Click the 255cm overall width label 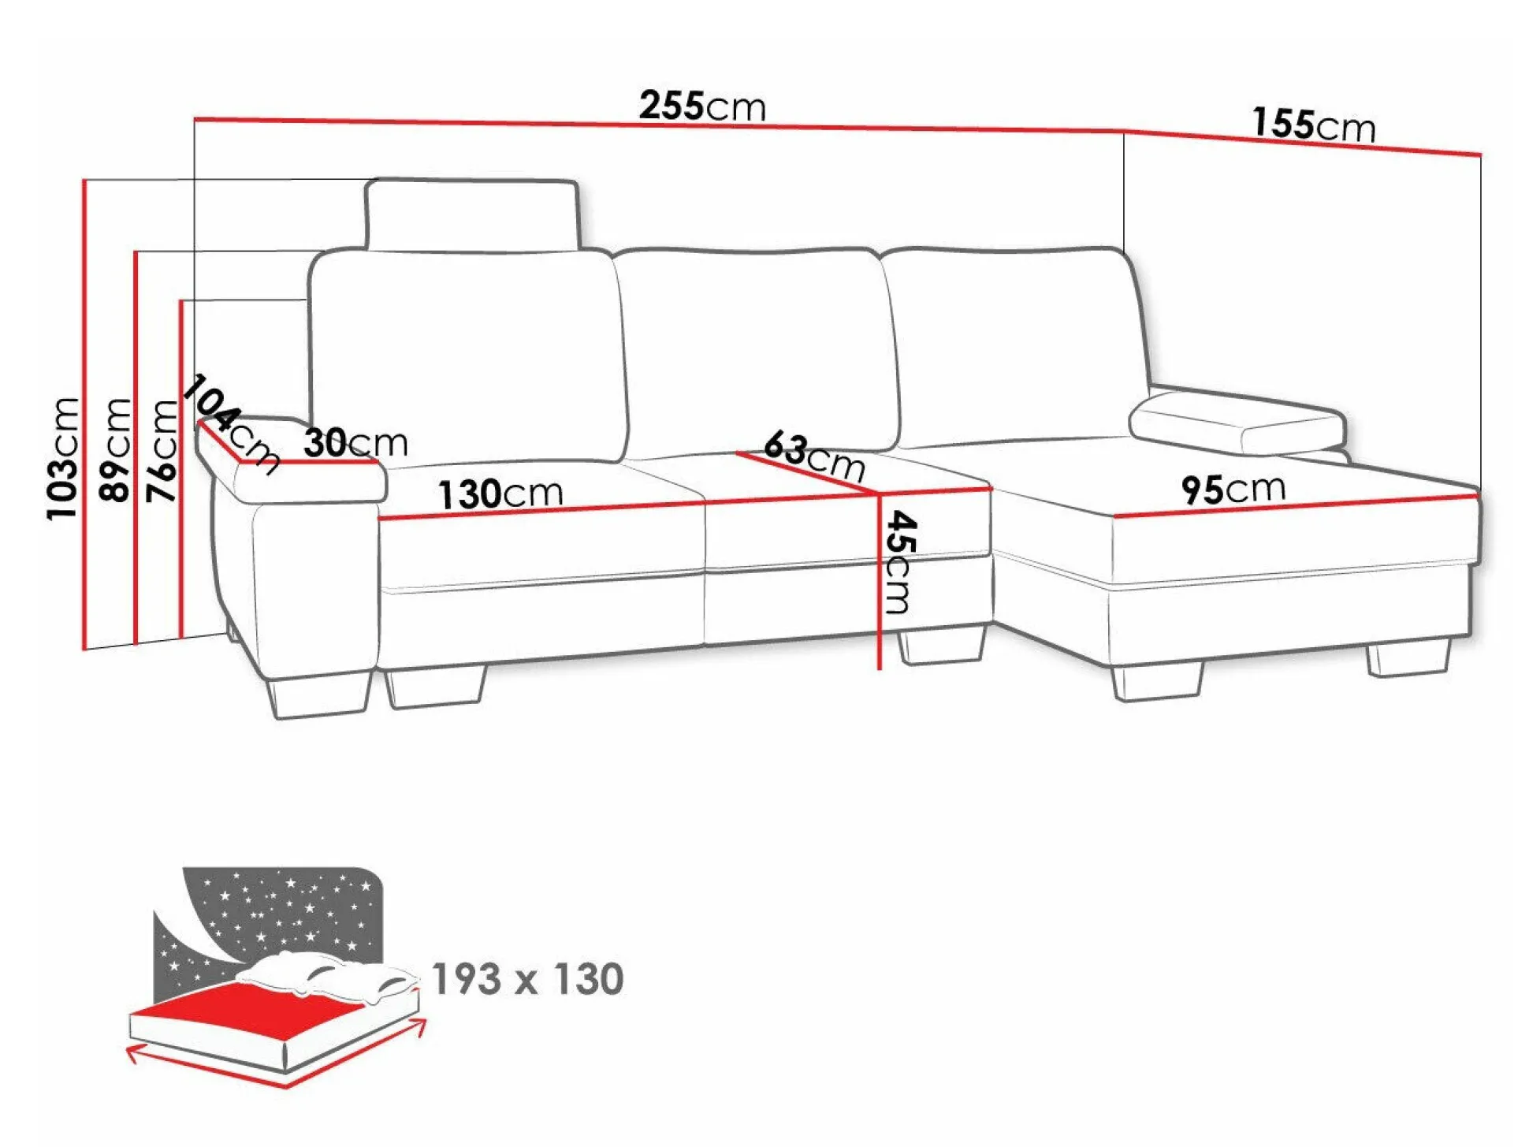coord(702,105)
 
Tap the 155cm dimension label coord(1314,125)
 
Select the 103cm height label coord(63,458)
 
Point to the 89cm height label coord(115,449)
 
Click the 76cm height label coord(162,451)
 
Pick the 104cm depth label coord(231,424)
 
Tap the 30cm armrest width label coord(356,442)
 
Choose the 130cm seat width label coord(501,493)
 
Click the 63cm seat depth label coord(814,456)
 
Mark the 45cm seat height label coord(899,562)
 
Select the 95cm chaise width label coord(1233,489)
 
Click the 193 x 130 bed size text coord(528,979)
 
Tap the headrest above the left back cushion coord(473,214)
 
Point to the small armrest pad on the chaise coord(1238,423)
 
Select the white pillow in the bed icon coord(327,975)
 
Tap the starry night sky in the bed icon coord(272,922)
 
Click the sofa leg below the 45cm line coord(943,645)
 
